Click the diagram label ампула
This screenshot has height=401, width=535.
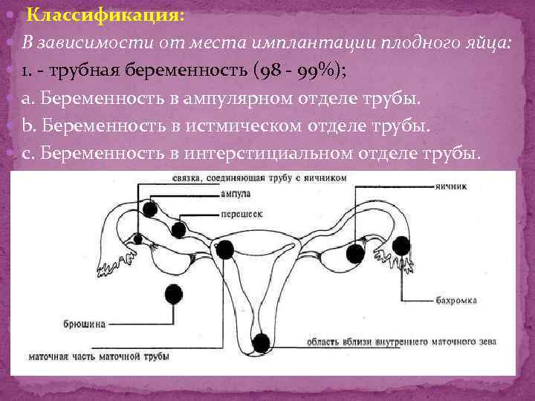pyautogui.click(x=234, y=195)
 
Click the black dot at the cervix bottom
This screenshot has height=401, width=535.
pyautogui.click(x=261, y=342)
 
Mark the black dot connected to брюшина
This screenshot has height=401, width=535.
pyautogui.click(x=174, y=294)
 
